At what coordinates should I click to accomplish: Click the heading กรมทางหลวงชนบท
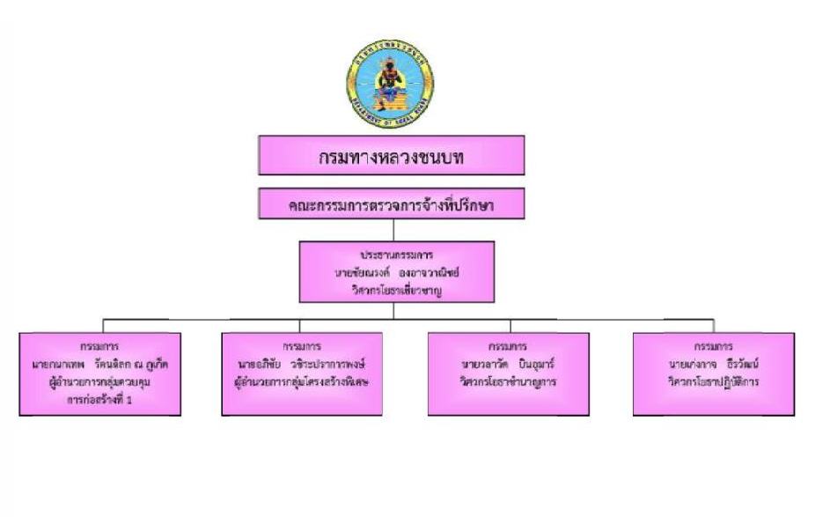(391, 157)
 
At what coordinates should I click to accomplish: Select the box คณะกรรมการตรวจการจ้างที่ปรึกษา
(391, 205)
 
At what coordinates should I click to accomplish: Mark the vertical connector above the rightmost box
(714, 324)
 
